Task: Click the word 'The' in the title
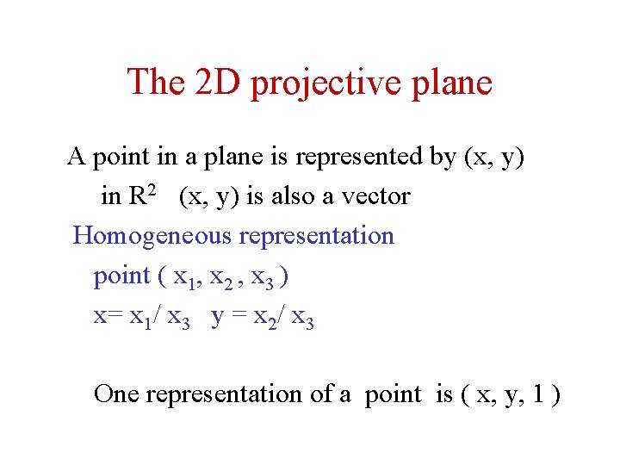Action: pyautogui.click(x=156, y=82)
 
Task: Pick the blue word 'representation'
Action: pyautogui.click(x=316, y=237)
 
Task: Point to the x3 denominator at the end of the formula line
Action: pyautogui.click(x=303, y=319)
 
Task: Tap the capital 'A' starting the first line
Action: pyautogui.click(x=77, y=157)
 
